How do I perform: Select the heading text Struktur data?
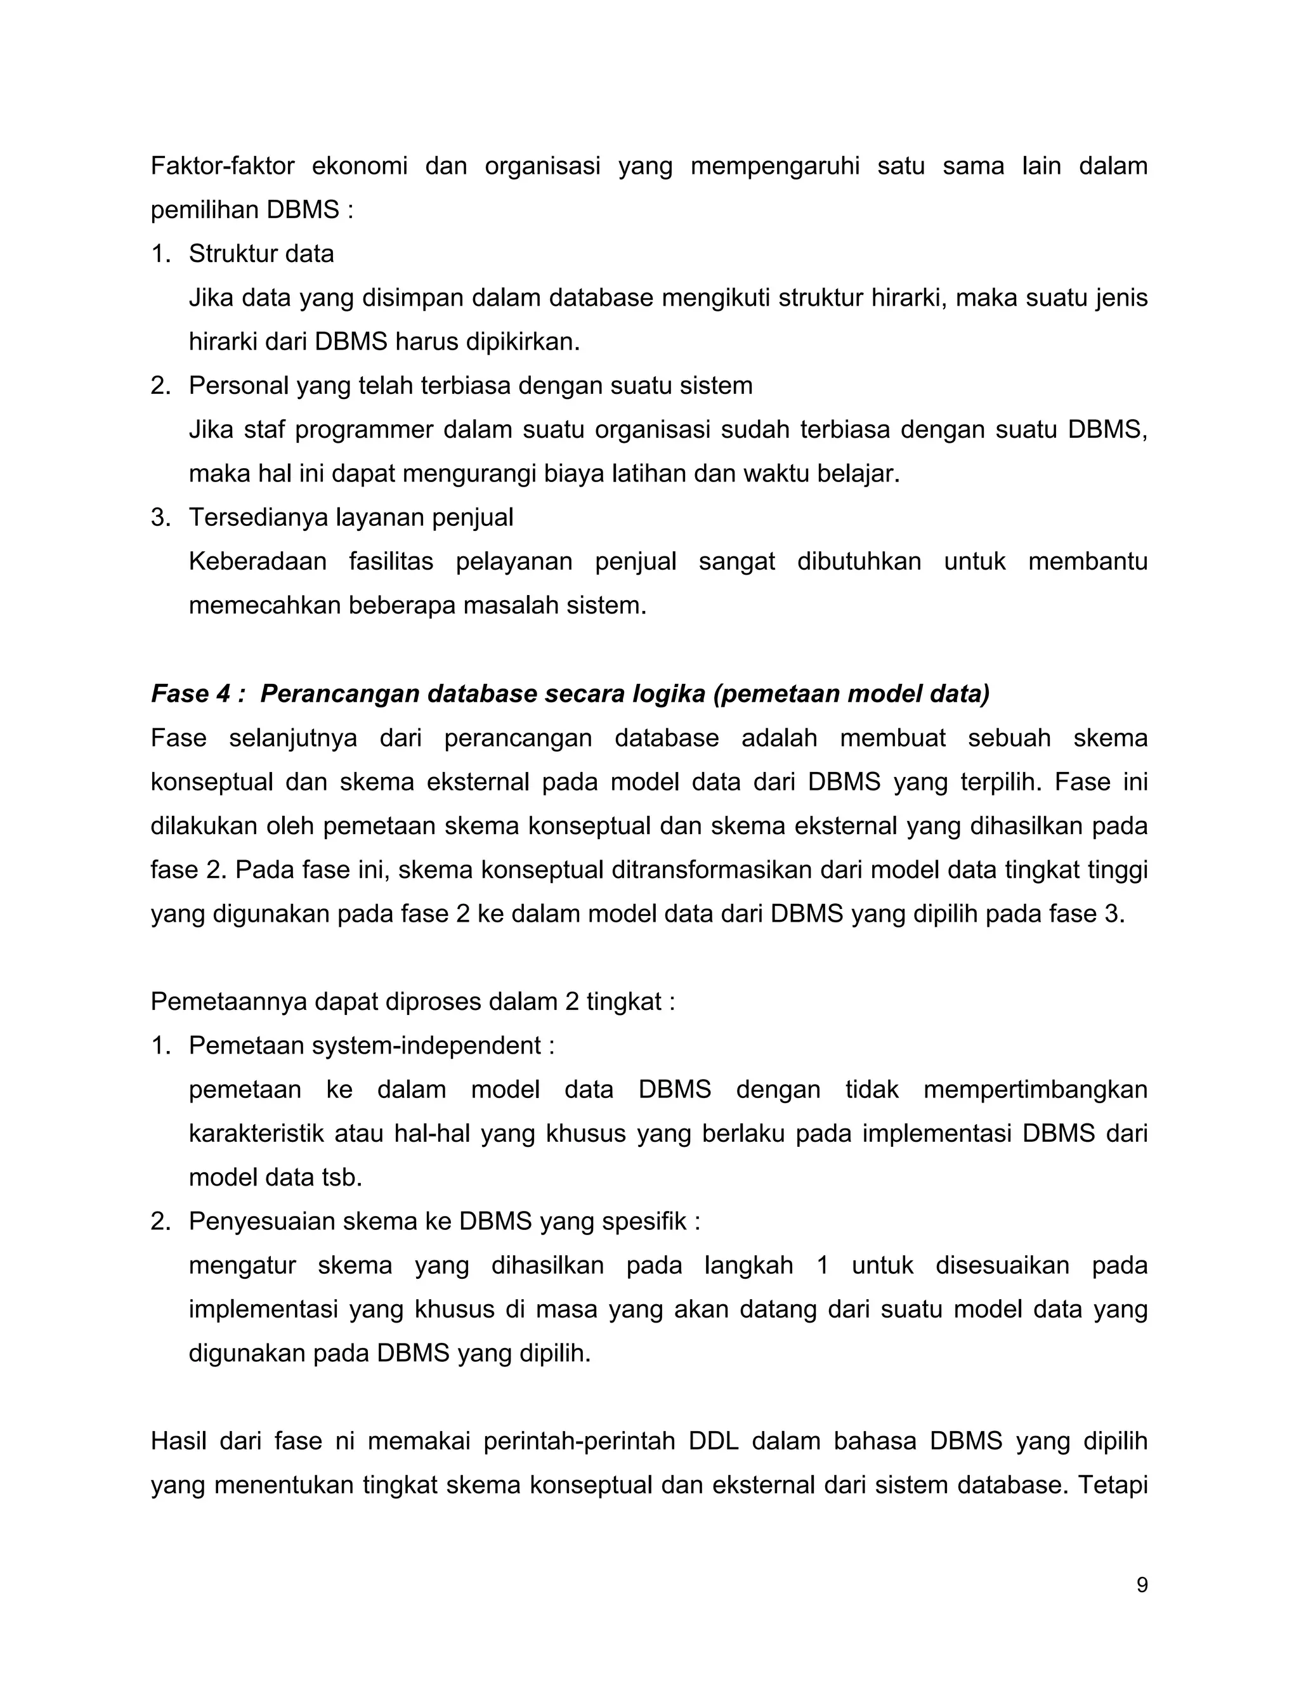(261, 253)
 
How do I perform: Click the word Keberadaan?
(257, 561)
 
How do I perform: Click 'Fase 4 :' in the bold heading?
(198, 693)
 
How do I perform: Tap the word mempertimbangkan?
(1035, 1089)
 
